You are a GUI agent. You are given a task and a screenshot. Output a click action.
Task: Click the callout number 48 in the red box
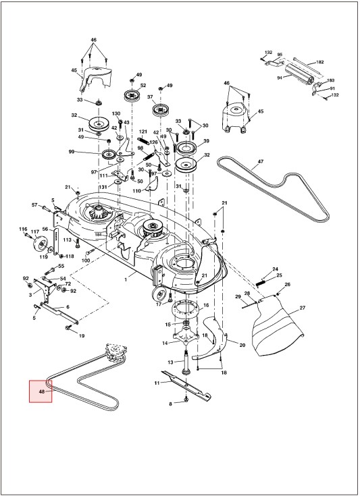41,391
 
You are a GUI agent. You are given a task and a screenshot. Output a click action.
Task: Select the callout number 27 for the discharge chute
303,308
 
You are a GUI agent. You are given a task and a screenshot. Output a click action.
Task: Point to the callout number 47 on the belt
260,161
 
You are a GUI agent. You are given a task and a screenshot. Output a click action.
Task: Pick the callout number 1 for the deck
126,279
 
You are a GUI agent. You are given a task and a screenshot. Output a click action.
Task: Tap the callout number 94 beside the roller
279,78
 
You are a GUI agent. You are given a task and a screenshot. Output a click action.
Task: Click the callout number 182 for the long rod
320,62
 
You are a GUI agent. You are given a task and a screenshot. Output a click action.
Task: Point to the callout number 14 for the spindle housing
165,343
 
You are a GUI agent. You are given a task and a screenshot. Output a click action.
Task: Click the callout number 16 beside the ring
206,305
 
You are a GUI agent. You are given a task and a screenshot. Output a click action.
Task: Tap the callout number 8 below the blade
171,404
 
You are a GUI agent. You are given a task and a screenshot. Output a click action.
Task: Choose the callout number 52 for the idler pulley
143,85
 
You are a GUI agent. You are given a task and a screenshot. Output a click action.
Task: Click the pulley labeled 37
161,110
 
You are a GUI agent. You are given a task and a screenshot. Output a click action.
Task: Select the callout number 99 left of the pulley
71,152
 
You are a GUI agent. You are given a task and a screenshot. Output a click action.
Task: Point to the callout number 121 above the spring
143,132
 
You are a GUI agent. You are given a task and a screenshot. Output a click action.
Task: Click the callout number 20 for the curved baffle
242,345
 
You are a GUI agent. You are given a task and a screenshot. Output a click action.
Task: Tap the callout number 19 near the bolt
82,335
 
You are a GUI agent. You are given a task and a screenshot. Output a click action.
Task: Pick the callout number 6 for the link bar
68,306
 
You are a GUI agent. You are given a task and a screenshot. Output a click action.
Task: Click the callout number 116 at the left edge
23,229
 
